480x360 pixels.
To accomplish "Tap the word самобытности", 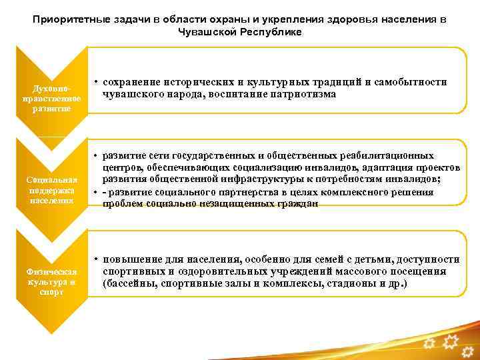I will (407, 81).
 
